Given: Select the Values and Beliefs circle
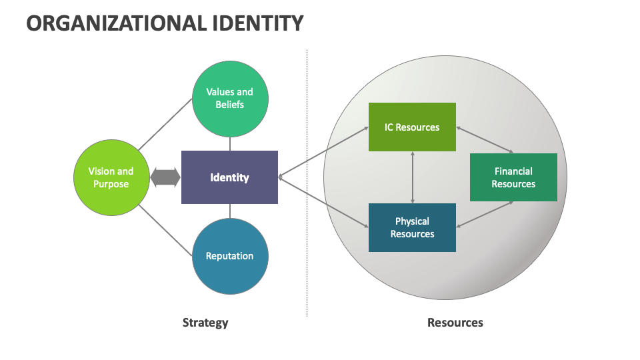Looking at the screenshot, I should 230,99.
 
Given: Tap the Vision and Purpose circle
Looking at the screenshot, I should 111,177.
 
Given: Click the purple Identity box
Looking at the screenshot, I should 229,177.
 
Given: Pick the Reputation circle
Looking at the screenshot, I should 230,256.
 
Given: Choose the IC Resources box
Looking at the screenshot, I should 412,127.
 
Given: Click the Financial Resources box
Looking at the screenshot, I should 513,177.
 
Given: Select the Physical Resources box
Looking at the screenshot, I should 412,227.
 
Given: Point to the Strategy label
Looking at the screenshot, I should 205,323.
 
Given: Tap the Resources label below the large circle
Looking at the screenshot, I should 455,323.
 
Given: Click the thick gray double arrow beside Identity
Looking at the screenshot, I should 165,177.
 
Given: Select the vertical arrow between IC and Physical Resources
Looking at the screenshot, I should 413,177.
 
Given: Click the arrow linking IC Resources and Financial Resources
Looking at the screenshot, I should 485,140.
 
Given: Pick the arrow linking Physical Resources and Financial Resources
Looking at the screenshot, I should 485,214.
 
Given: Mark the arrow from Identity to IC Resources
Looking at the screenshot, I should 323,152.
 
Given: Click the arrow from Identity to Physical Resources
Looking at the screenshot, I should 323,203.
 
